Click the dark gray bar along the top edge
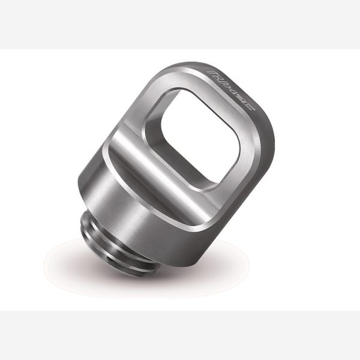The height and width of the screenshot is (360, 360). tap(180, 24)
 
